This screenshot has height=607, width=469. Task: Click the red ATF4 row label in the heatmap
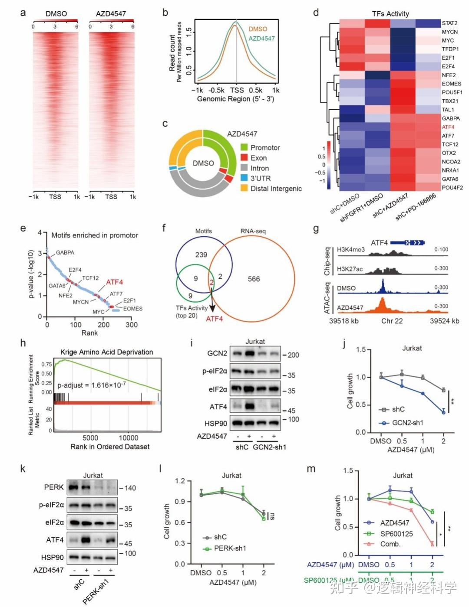pos(448,127)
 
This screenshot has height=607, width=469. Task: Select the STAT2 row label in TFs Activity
pos(449,23)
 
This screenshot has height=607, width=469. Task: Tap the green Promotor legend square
pos(244,147)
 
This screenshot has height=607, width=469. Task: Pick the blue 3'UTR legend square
pos(244,178)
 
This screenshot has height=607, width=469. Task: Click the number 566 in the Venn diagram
pos(254,279)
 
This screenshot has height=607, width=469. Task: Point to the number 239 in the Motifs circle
pos(201,255)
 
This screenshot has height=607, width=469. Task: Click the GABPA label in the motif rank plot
pos(65,252)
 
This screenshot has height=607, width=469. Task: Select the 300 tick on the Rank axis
pos(131,325)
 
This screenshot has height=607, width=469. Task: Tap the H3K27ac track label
pos(350,269)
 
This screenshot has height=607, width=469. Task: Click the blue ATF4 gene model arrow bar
pos(407,243)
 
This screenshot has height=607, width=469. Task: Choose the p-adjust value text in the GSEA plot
pos(92,385)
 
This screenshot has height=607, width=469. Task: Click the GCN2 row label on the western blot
pos(217,353)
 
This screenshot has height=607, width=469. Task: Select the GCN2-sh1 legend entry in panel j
pos(407,422)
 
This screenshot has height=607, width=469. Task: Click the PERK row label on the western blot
pos(54,487)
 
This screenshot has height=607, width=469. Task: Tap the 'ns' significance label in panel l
pos(272,516)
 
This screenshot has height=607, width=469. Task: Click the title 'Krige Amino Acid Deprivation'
pos(106,352)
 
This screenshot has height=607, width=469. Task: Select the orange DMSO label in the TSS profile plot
pos(258,29)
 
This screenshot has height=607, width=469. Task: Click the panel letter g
pos(316,228)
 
